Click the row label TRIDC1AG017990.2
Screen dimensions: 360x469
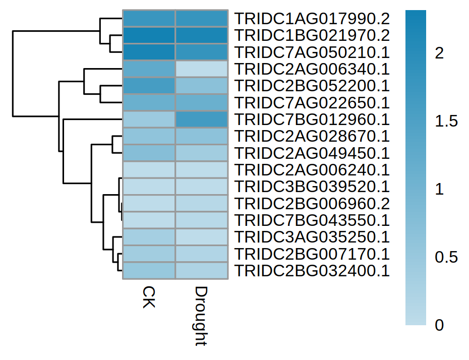(x=311, y=19)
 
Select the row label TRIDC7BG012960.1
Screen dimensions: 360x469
(x=311, y=119)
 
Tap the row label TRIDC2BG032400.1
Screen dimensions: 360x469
(x=311, y=270)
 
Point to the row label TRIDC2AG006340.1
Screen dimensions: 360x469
(x=311, y=69)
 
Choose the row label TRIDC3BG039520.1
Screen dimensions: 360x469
(x=311, y=187)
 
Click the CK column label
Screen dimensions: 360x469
(x=149, y=297)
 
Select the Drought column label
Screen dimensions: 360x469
(x=201, y=316)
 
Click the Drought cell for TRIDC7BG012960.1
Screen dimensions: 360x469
(x=201, y=119)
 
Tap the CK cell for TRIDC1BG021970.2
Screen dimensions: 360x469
(x=149, y=35)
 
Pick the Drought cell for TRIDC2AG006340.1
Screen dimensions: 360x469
(x=201, y=69)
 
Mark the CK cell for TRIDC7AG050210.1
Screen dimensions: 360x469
(x=149, y=52)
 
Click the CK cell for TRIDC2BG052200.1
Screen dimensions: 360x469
(x=149, y=86)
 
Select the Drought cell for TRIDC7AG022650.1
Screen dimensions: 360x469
(x=201, y=103)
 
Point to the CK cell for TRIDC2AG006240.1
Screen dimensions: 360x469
(x=149, y=170)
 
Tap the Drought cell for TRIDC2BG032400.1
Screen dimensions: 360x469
(x=201, y=270)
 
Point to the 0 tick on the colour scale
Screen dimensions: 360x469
(x=439, y=326)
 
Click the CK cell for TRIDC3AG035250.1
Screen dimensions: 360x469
(x=149, y=237)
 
